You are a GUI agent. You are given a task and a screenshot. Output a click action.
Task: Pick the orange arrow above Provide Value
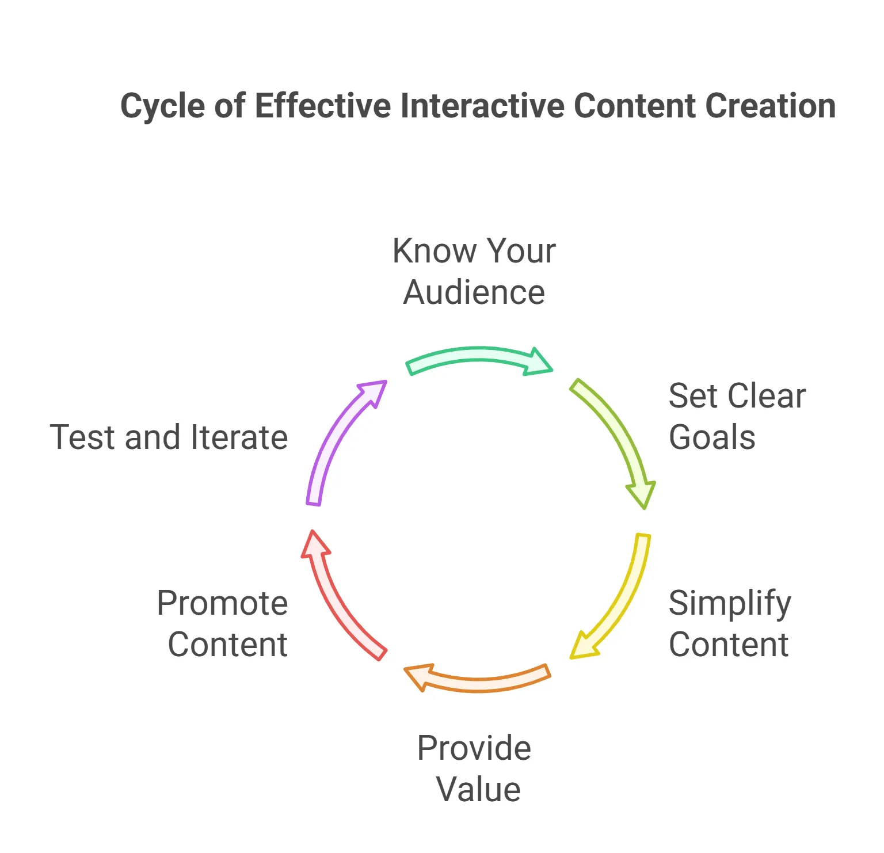[478, 680]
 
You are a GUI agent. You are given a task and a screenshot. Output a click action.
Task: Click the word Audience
[474, 292]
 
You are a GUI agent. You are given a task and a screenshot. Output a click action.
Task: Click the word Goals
[712, 437]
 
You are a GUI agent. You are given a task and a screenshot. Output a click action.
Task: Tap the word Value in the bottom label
[478, 789]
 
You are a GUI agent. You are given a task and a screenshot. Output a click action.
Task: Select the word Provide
[474, 748]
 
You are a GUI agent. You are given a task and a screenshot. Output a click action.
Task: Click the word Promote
[222, 603]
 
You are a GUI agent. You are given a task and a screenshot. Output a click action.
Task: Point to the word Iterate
[239, 437]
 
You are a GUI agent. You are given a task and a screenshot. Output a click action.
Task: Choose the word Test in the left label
[83, 437]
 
